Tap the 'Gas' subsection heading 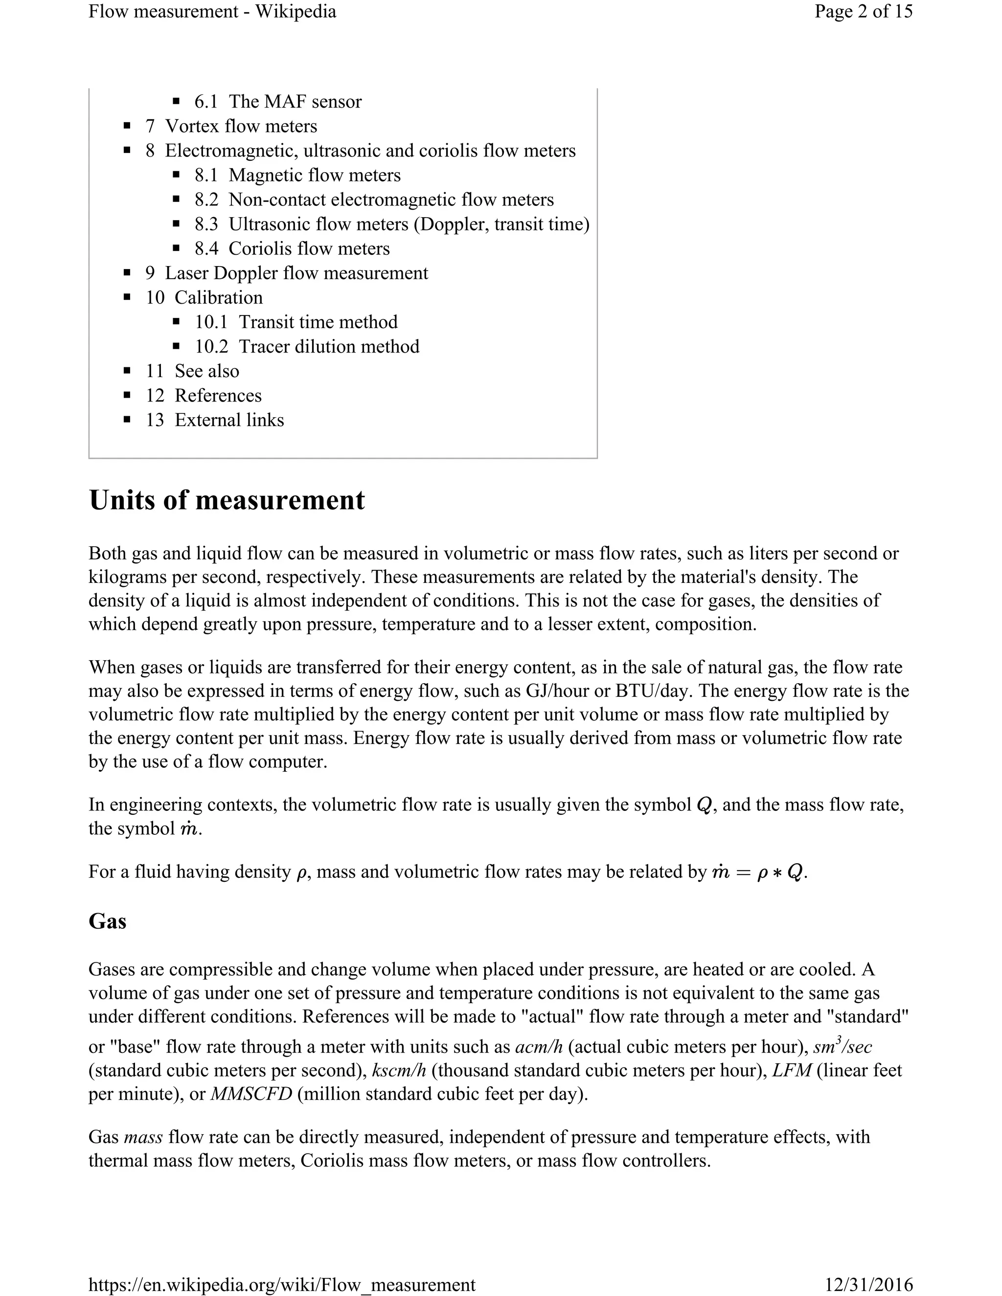(x=108, y=921)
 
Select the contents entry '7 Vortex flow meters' (x=231, y=126)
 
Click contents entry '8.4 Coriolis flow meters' (x=292, y=248)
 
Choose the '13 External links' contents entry (x=215, y=420)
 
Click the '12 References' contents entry (x=204, y=395)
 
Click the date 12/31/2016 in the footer (x=868, y=1285)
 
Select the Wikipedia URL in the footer (x=282, y=1285)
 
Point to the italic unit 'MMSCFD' (x=251, y=1094)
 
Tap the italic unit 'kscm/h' (x=399, y=1070)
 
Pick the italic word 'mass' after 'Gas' (x=143, y=1137)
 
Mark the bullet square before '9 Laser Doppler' (x=127, y=273)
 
